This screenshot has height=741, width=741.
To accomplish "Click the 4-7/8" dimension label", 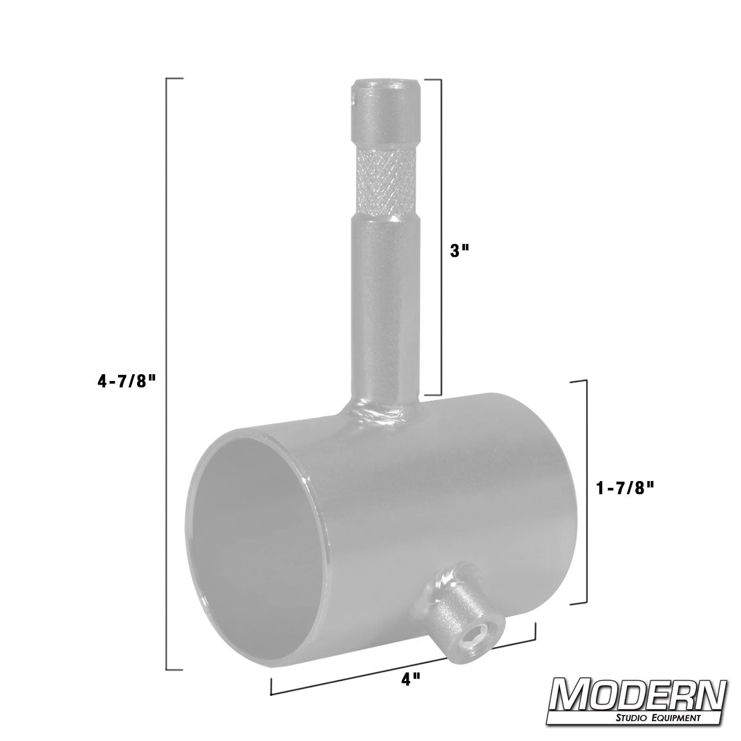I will pyautogui.click(x=125, y=382).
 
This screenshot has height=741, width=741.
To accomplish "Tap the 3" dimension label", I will pyautogui.click(x=459, y=251).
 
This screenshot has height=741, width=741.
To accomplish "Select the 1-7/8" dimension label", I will pyautogui.click(x=625, y=488).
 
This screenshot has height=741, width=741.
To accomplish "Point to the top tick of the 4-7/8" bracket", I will pyautogui.click(x=175, y=79).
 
